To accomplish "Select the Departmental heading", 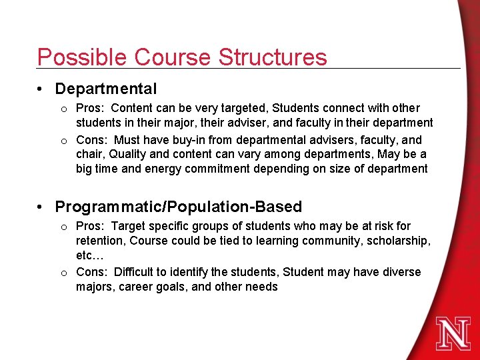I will pyautogui.click(x=106, y=89).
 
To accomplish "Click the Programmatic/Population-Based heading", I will pyautogui.click(x=179, y=207).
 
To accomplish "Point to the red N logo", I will pyautogui.click(x=453, y=333).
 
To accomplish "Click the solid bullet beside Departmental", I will pyautogui.click(x=41, y=89).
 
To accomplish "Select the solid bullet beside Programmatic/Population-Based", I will pyautogui.click(x=41, y=207).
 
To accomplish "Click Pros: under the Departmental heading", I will pyautogui.click(x=91, y=108).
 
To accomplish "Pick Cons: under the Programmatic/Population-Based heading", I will pyautogui.click(x=92, y=272).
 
